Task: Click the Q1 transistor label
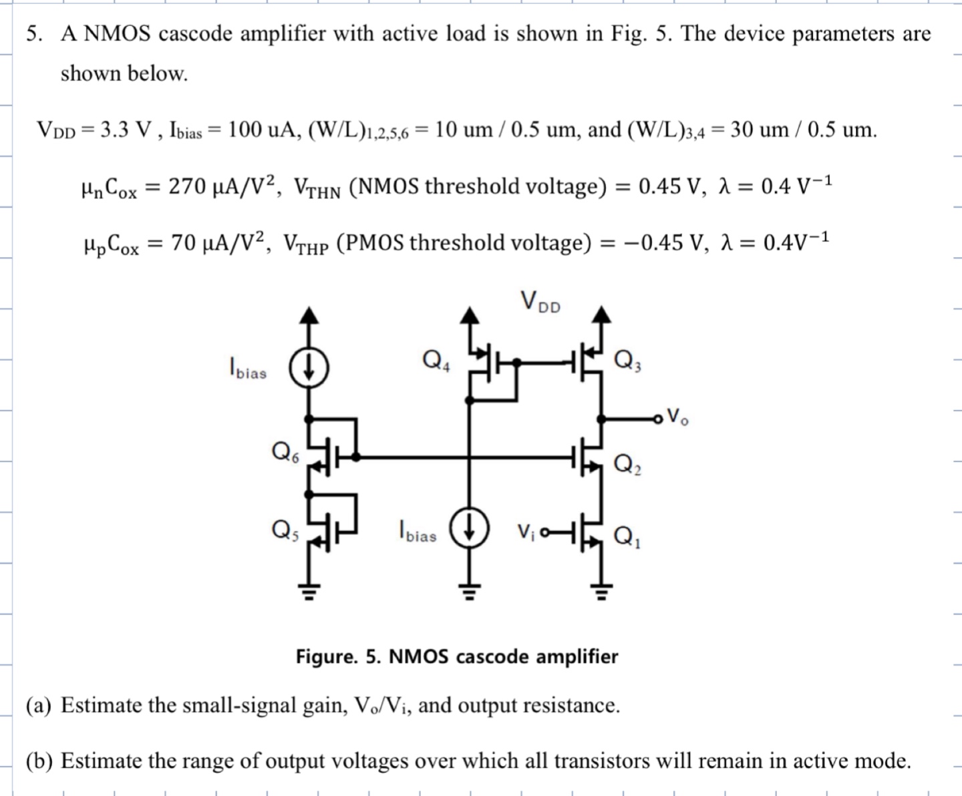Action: (627, 536)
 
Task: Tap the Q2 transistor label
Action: (627, 463)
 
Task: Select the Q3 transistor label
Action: (627, 361)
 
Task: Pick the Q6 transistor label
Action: (285, 453)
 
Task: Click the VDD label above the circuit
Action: (540, 302)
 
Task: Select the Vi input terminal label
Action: (526, 532)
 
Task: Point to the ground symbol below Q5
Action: (308, 590)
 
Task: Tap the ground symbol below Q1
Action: (602, 590)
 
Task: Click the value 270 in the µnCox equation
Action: (186, 186)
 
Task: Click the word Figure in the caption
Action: (327, 656)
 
